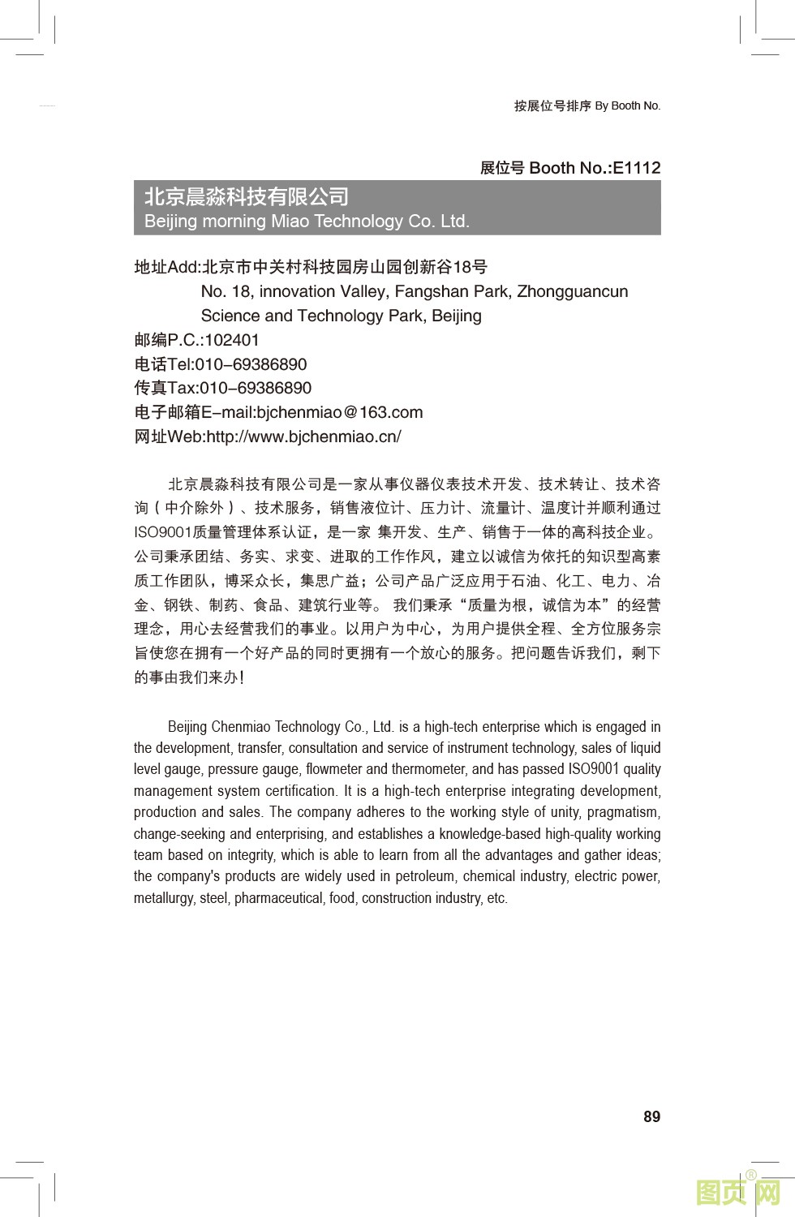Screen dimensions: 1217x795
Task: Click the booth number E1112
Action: click(636, 168)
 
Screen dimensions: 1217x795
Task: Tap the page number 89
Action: click(651, 1116)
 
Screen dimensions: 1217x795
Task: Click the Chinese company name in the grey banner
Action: click(247, 197)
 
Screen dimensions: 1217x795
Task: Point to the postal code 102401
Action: click(232, 340)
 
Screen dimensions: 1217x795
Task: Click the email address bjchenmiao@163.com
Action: click(339, 412)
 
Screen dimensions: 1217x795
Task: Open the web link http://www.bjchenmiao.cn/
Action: click(303, 436)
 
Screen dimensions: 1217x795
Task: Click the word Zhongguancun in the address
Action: click(572, 291)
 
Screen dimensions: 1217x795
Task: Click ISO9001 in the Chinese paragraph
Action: click(162, 532)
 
